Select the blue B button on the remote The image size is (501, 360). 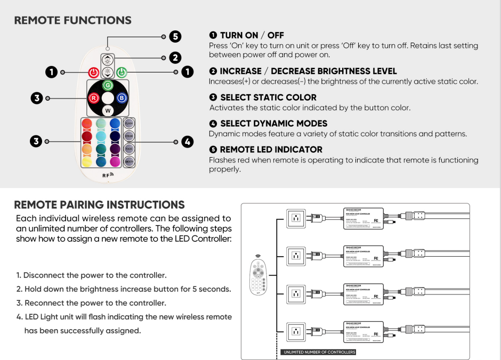pyautogui.click(x=122, y=98)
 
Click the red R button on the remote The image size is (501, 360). pyautogui.click(x=93, y=98)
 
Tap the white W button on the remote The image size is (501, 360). pyautogui.click(x=108, y=111)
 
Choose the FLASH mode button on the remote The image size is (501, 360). pyautogui.click(x=129, y=123)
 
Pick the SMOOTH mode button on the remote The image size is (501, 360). pyautogui.click(x=129, y=161)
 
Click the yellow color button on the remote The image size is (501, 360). pyautogui.click(x=87, y=161)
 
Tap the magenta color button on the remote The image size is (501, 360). pyautogui.click(x=115, y=161)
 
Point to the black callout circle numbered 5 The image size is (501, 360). pyautogui.click(x=175, y=37)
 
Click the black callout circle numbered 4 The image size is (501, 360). pyautogui.click(x=187, y=142)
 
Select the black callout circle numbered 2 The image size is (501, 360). pyautogui.click(x=175, y=58)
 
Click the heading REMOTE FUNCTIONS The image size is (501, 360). pyautogui.click(x=72, y=21)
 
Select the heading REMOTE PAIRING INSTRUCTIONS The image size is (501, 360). pyautogui.click(x=99, y=205)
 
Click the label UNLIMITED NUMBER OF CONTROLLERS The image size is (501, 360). pyautogui.click(x=319, y=352)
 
